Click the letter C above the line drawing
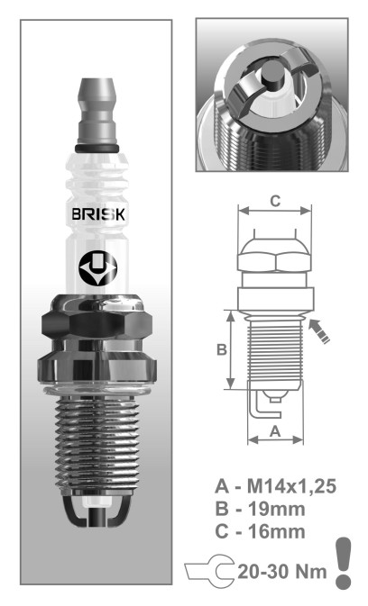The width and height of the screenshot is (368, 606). tap(273, 203)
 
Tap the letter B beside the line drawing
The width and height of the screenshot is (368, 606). tap(219, 350)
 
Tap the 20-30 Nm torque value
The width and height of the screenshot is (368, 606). tap(280, 572)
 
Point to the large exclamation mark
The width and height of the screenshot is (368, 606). tap(343, 563)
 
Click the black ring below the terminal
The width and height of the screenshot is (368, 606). tap(93, 146)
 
